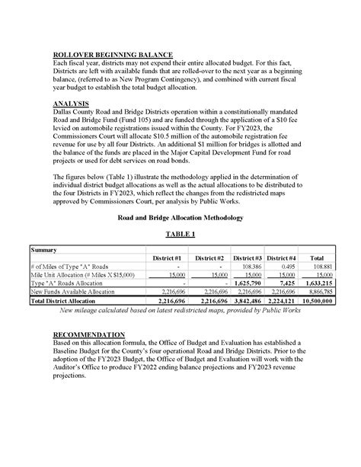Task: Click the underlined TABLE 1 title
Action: [x=180, y=234]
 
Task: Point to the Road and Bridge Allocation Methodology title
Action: [x=180, y=218]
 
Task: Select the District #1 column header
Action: [x=167, y=258]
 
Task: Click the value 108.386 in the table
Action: [x=251, y=267]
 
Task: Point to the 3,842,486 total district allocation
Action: [x=248, y=301]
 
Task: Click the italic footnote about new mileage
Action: [x=180, y=311]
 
